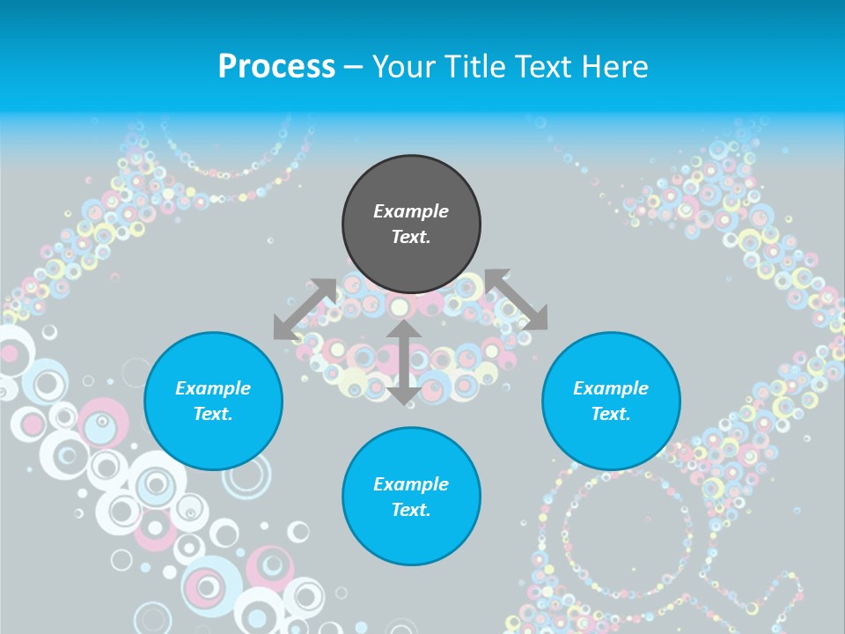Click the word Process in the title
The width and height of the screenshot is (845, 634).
click(276, 67)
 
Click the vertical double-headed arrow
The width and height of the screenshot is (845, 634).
click(403, 362)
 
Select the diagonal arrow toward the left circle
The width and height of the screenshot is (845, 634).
click(305, 309)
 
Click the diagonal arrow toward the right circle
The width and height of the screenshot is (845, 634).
click(516, 299)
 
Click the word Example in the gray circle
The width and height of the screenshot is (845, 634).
click(411, 211)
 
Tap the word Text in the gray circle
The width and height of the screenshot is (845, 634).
click(411, 237)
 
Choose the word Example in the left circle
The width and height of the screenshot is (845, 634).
click(213, 388)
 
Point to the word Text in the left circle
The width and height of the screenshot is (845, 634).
click(213, 414)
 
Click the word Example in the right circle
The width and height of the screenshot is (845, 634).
click(611, 388)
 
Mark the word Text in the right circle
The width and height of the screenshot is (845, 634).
click(611, 414)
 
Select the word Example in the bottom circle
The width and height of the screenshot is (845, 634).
click(411, 484)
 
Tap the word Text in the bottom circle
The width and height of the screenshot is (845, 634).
click(411, 510)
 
